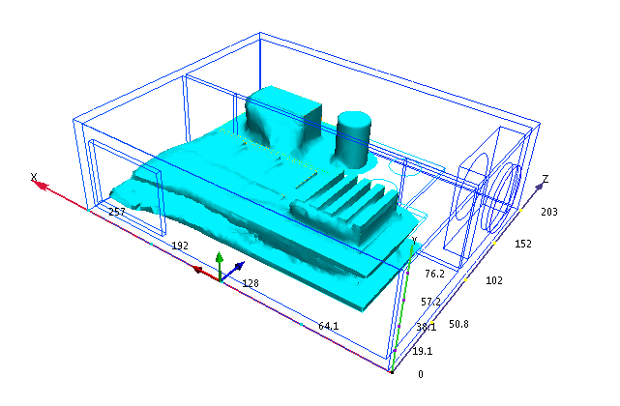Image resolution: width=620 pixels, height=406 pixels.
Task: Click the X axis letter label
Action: click(34, 177)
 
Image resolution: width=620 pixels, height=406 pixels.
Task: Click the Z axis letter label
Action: click(546, 179)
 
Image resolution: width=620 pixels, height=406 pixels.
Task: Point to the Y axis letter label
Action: click(414, 240)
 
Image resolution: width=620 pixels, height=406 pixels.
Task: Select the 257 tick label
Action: click(117, 212)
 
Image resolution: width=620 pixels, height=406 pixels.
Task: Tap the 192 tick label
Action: click(180, 246)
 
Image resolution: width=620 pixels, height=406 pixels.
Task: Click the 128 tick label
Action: click(251, 283)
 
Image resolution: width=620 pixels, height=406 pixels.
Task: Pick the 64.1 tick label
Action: click(329, 326)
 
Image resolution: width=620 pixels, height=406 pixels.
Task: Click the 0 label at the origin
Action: click(421, 374)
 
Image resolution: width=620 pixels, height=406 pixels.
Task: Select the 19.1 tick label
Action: click(423, 351)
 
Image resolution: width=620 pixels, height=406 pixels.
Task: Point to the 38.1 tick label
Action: click(427, 327)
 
